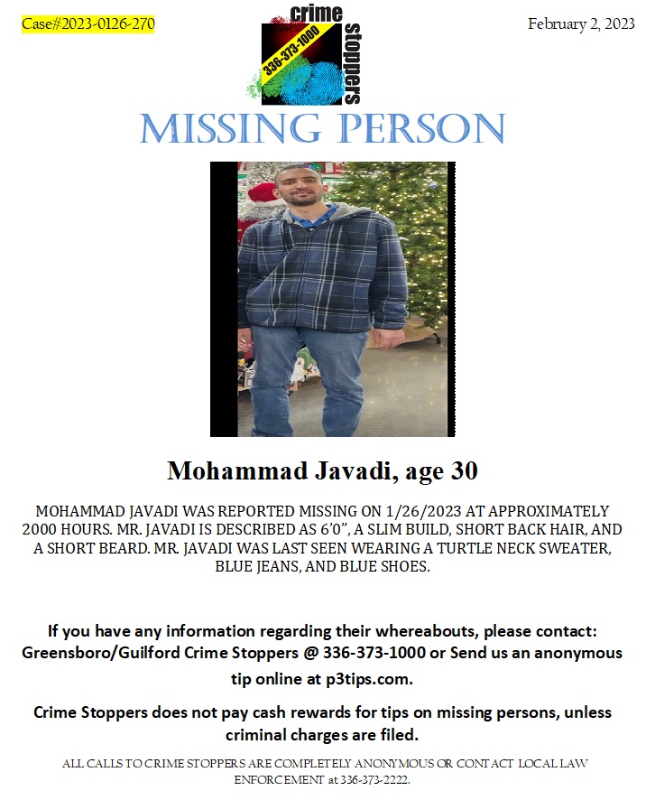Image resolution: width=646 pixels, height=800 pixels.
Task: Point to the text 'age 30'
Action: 441,470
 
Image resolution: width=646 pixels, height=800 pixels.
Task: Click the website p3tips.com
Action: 365,677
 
